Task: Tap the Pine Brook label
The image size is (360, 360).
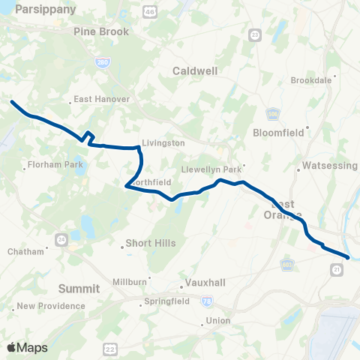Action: (102, 31)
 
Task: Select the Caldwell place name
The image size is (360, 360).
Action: (194, 70)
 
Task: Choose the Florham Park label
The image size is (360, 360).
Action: (52, 164)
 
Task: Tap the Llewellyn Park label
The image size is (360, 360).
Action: (214, 169)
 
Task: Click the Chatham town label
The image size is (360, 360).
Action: (26, 251)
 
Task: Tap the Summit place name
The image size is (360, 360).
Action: (79, 288)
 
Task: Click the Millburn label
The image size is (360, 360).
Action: (128, 281)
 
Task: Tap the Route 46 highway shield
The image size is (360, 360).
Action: (150, 13)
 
